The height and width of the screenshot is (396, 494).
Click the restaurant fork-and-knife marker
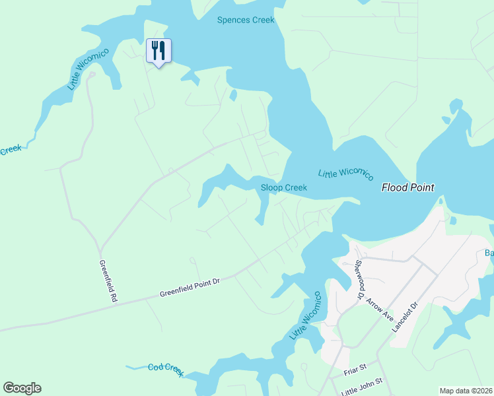pos(159,50)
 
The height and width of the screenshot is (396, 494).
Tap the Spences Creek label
pos(246,20)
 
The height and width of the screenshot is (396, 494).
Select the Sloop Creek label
pos(284,187)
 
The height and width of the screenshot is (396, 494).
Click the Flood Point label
pos(408,187)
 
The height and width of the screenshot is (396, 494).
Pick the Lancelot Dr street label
pos(406,317)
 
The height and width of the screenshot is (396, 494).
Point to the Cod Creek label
pos(165,369)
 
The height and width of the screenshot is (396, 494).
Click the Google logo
pos(22,388)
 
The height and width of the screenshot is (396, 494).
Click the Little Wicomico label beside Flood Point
pos(345,174)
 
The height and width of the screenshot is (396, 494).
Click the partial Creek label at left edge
pos(10,150)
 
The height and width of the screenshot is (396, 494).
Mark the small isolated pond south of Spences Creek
pos(233,95)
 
